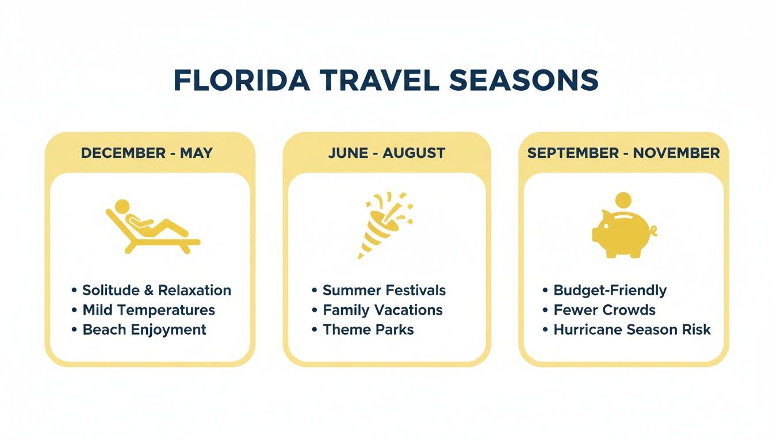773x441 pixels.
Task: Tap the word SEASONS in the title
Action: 523,81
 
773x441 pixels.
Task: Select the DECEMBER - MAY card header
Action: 147,153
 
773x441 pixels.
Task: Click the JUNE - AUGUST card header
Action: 386,153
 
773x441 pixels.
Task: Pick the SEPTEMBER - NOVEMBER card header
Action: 623,153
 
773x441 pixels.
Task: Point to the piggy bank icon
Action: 621,234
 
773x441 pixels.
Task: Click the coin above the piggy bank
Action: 623,202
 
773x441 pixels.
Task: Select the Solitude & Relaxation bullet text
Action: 156,291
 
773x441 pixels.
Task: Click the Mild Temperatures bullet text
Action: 148,310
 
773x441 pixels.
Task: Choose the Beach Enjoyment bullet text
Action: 144,330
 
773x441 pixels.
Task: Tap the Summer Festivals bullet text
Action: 384,291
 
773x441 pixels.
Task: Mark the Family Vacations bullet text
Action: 382,310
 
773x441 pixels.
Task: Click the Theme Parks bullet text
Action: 368,330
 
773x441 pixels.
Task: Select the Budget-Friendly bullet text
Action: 610,291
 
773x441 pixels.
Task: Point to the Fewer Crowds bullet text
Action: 604,310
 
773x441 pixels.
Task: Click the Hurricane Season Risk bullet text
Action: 632,330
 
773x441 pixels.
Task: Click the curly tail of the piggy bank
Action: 653,231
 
